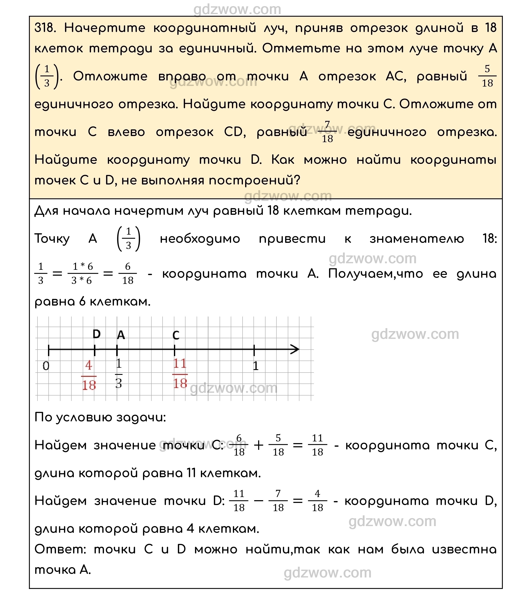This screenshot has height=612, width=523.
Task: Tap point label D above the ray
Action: tap(97, 334)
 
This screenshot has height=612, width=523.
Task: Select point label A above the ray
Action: tap(121, 335)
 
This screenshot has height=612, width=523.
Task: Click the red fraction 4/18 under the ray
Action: tap(89, 375)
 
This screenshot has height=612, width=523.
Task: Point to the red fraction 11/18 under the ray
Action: tap(180, 373)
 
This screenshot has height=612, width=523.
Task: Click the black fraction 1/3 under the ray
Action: tap(119, 373)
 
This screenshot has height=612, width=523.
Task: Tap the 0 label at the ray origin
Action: tap(46, 366)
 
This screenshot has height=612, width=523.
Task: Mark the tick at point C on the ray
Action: tap(175, 350)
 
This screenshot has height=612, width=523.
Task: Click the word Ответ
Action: tap(60, 549)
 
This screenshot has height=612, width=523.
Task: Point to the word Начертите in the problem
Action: tap(105, 28)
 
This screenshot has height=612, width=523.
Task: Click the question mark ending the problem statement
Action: tap(297, 180)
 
